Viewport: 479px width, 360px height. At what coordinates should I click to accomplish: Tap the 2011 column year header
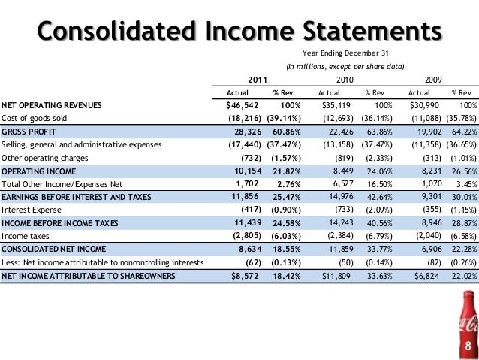click(x=257, y=79)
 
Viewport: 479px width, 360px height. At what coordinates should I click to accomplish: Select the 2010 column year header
click(x=346, y=79)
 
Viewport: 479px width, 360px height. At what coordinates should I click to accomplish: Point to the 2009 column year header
click(x=433, y=79)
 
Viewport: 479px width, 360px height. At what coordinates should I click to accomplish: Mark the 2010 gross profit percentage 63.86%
click(x=381, y=132)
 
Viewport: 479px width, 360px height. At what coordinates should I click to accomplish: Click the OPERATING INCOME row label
click(x=36, y=171)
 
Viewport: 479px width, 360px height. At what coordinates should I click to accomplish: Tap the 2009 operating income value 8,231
click(x=424, y=171)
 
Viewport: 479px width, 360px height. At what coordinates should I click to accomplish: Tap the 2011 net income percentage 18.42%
click(x=289, y=277)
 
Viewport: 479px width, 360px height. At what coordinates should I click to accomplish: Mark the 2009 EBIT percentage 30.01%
click(x=465, y=198)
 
